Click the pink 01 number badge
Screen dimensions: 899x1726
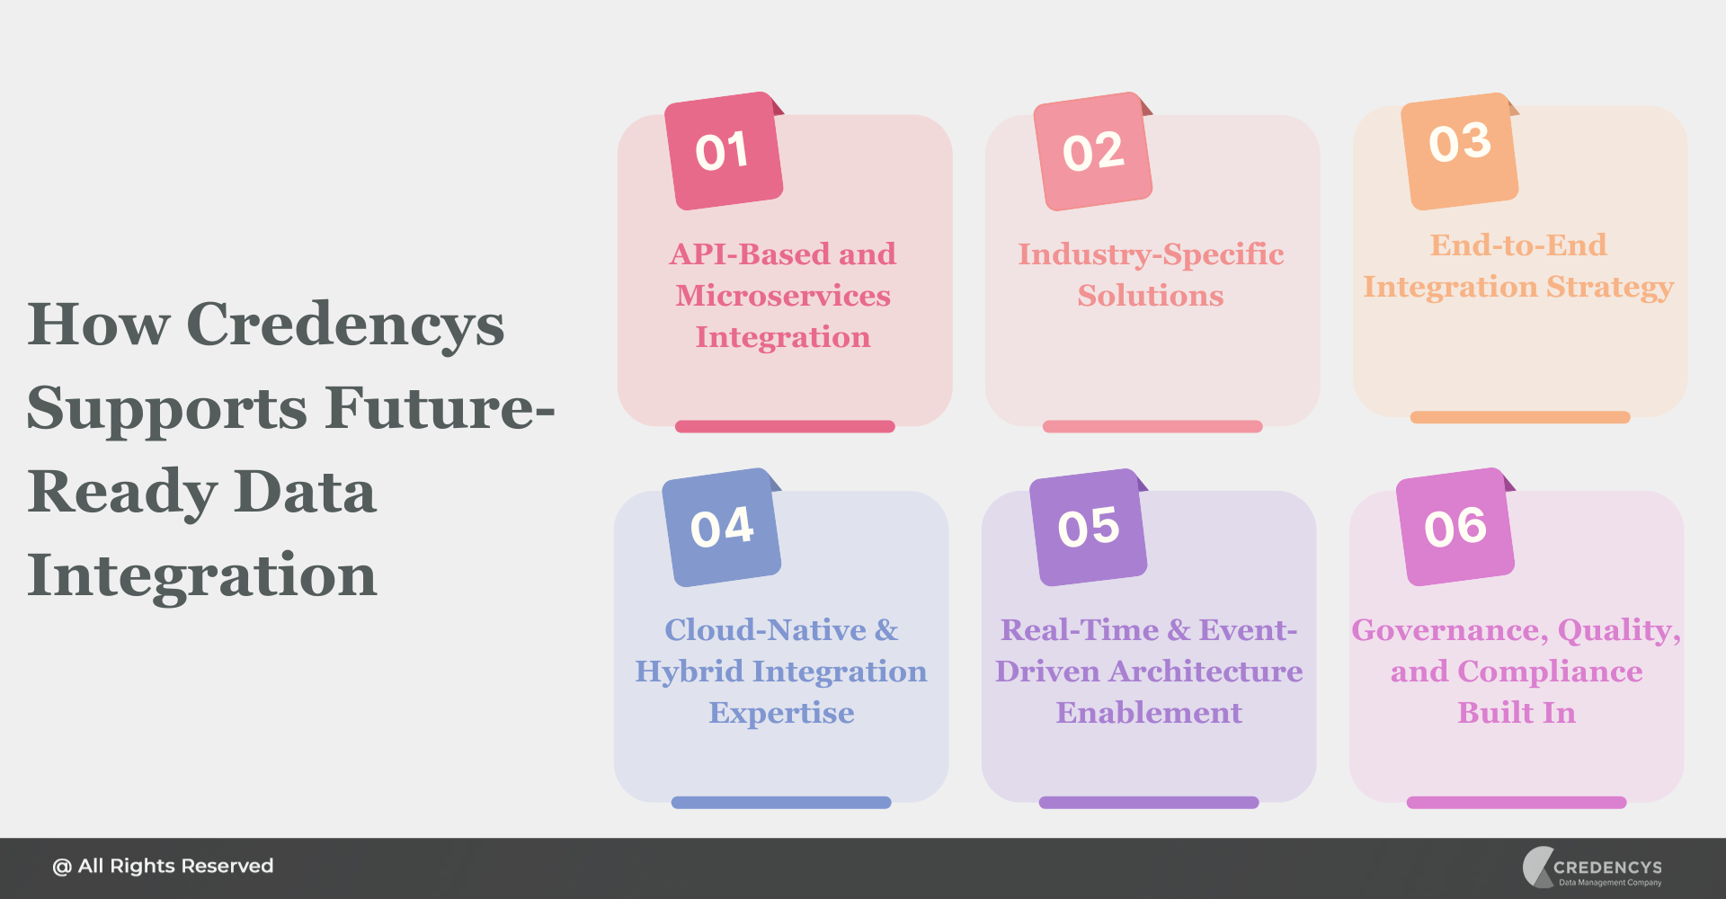click(x=723, y=151)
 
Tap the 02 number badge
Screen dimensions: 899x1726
click(x=1092, y=151)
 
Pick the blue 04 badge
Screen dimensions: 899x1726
click(x=721, y=527)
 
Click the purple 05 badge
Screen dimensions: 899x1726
click(x=1088, y=527)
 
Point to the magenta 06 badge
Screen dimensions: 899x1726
click(x=1455, y=527)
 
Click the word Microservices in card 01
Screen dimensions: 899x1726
click(x=783, y=296)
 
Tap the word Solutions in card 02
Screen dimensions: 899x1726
click(x=1151, y=296)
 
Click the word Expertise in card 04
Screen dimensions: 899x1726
click(x=781, y=713)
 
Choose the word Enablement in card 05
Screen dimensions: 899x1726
click(x=1149, y=713)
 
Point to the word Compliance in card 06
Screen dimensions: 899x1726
click(x=1550, y=672)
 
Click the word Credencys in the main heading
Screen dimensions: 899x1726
click(x=345, y=325)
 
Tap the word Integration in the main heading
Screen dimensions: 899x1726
click(x=201, y=575)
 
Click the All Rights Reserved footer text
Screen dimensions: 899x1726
click(x=163, y=866)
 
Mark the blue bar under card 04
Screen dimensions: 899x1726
click(x=781, y=802)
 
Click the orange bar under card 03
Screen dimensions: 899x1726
click(x=1519, y=417)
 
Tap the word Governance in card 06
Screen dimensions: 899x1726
click(x=1449, y=630)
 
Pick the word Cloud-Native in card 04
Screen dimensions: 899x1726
click(x=765, y=630)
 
